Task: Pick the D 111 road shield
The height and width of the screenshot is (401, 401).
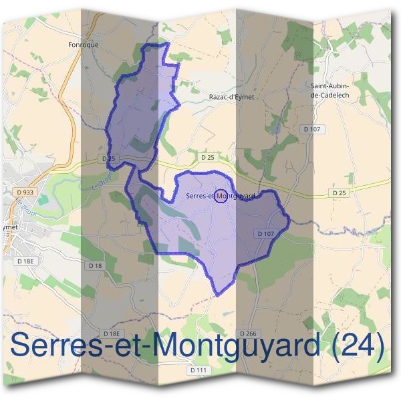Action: click(198, 370)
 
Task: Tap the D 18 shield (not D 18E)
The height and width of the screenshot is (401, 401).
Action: click(96, 265)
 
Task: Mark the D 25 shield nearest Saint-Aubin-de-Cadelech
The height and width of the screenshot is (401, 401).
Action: click(340, 192)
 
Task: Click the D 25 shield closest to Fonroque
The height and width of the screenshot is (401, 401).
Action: click(110, 158)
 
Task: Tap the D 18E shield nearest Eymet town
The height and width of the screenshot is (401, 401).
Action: click(25, 261)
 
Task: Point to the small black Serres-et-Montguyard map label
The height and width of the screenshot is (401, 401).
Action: click(221, 196)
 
